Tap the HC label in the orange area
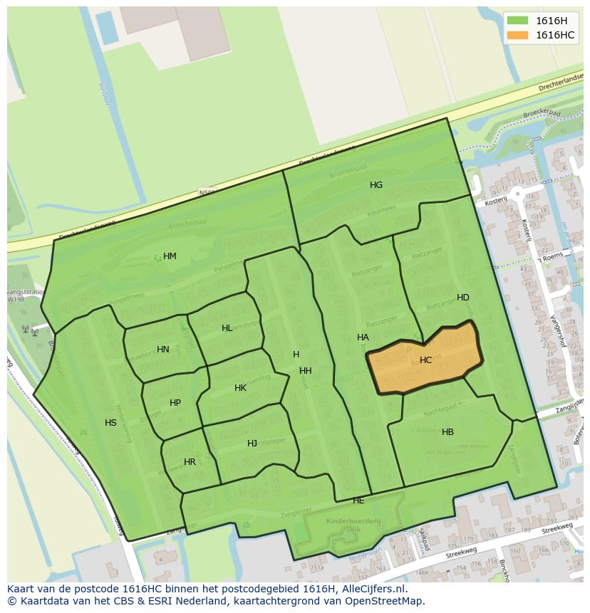(425, 360)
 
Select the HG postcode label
(376, 185)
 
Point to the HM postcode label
(170, 256)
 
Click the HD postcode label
(463, 298)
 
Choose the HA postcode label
(363, 337)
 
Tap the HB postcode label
(447, 432)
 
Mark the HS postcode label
(110, 423)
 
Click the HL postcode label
(227, 328)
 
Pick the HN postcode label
(163, 350)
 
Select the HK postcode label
(240, 388)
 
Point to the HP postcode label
(175, 403)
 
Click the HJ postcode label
(252, 444)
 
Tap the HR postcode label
(190, 462)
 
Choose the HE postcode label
(358, 501)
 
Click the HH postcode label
(306, 371)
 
